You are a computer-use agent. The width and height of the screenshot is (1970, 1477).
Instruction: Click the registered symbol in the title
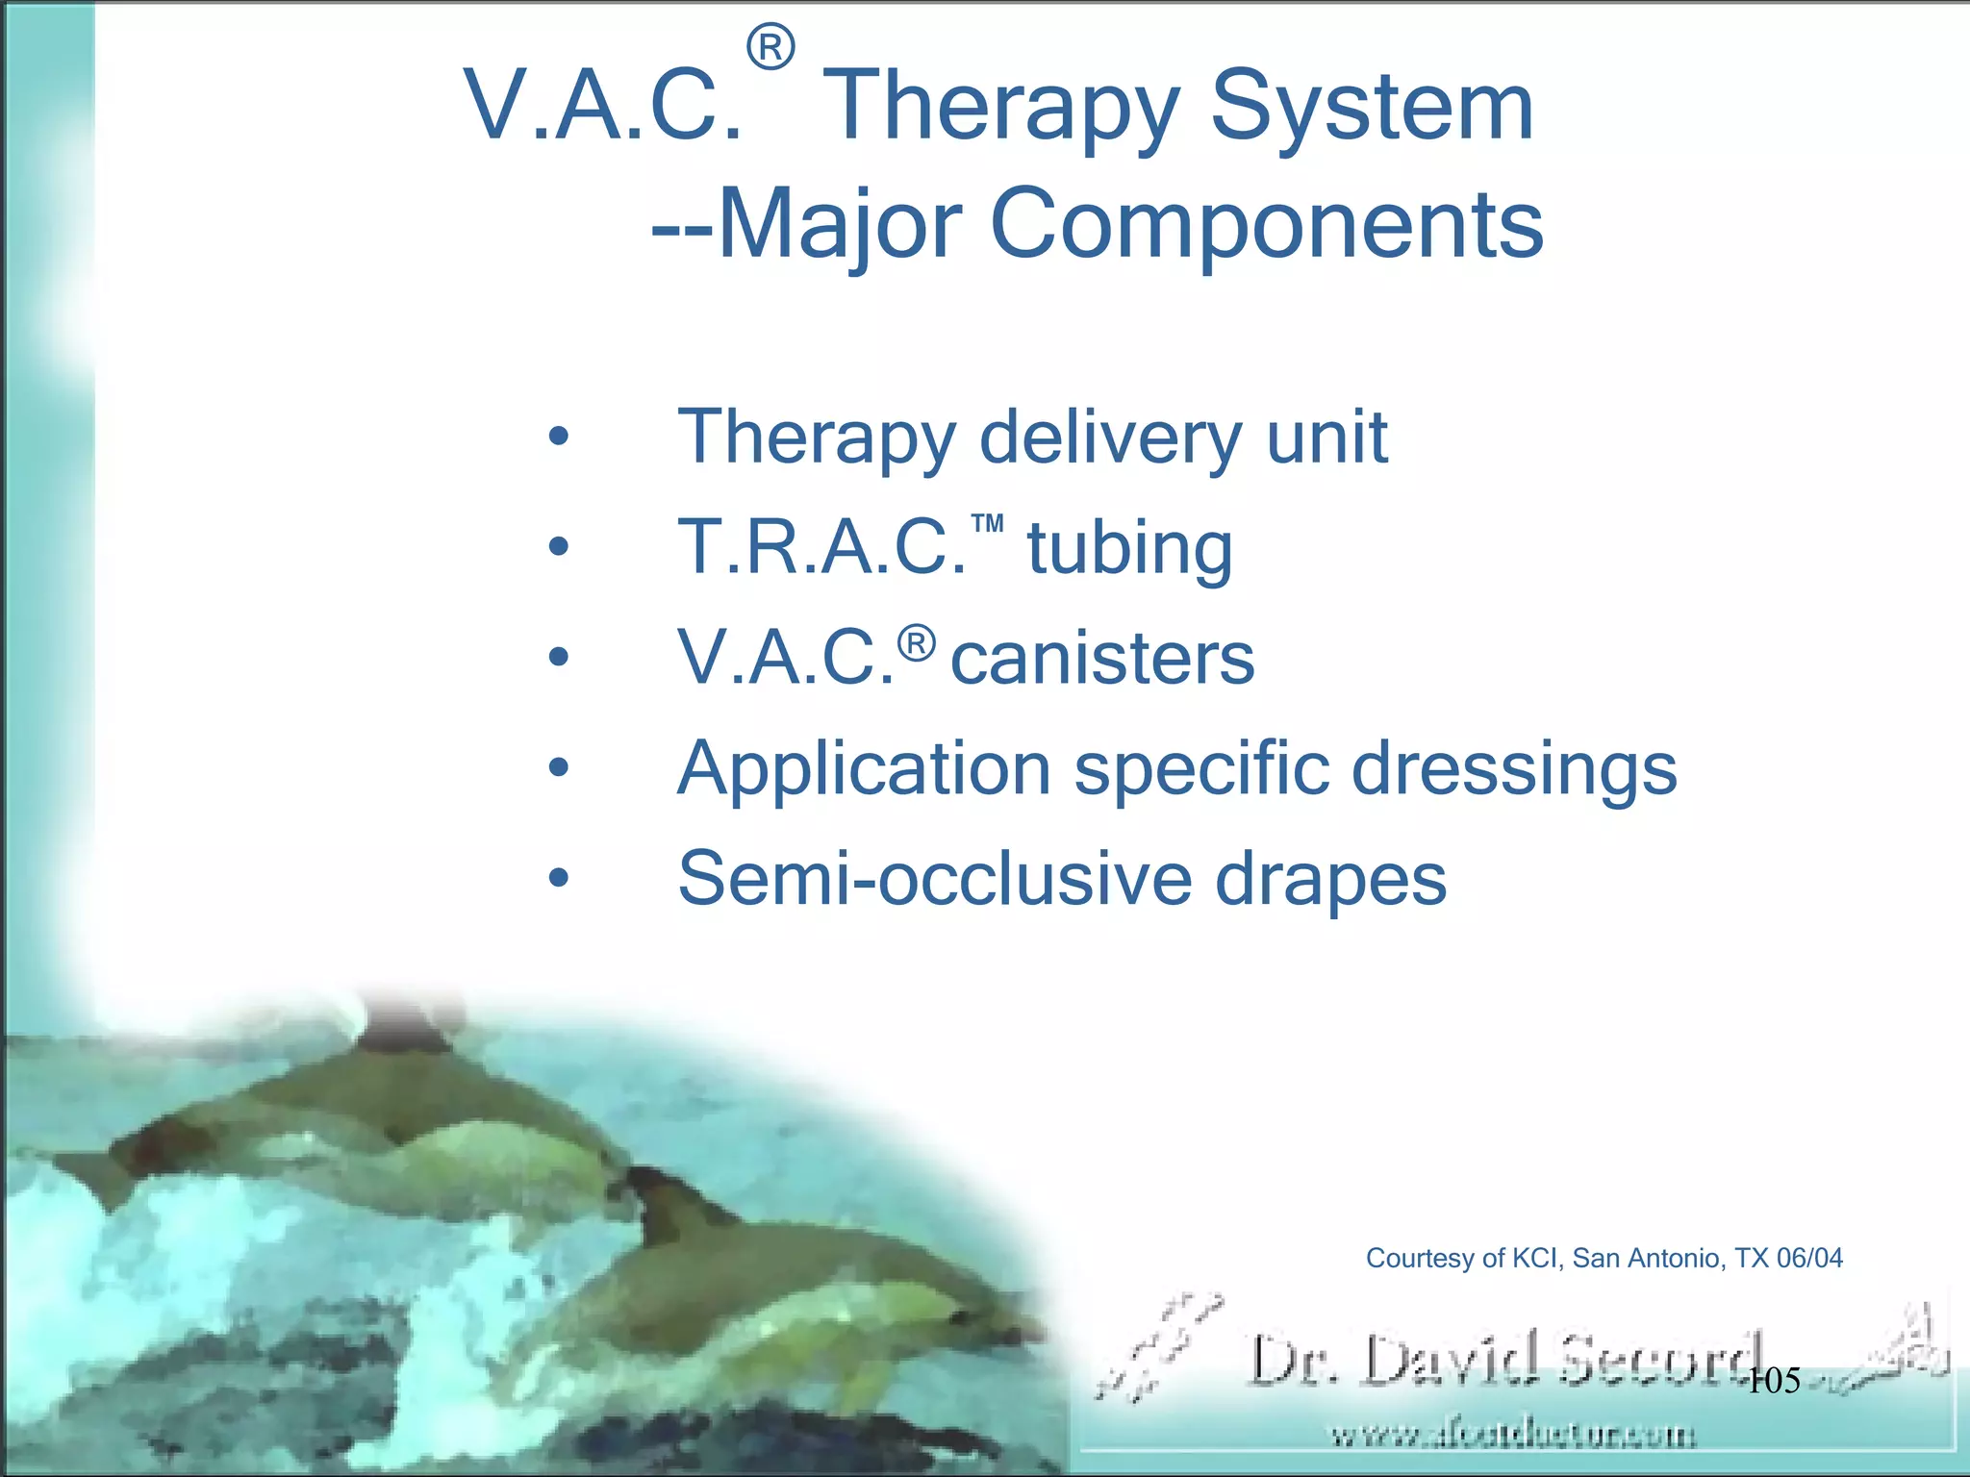pos(770,48)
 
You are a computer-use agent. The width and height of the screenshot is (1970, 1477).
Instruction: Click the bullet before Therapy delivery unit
pos(559,438)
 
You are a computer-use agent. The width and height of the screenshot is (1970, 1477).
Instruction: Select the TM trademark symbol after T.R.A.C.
pos(988,524)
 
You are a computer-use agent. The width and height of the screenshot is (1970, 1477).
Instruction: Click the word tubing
pos(1129,549)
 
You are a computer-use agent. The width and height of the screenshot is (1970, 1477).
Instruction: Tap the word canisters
pos(1102,660)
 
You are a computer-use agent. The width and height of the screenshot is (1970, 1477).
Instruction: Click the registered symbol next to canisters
pos(917,642)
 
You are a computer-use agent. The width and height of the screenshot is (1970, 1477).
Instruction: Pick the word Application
pos(864,770)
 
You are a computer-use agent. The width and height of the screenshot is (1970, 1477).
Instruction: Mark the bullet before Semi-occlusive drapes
pos(559,879)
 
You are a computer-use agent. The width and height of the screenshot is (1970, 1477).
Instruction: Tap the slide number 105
pos(1773,1382)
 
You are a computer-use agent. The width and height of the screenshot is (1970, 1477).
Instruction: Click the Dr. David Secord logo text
pos(1505,1361)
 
